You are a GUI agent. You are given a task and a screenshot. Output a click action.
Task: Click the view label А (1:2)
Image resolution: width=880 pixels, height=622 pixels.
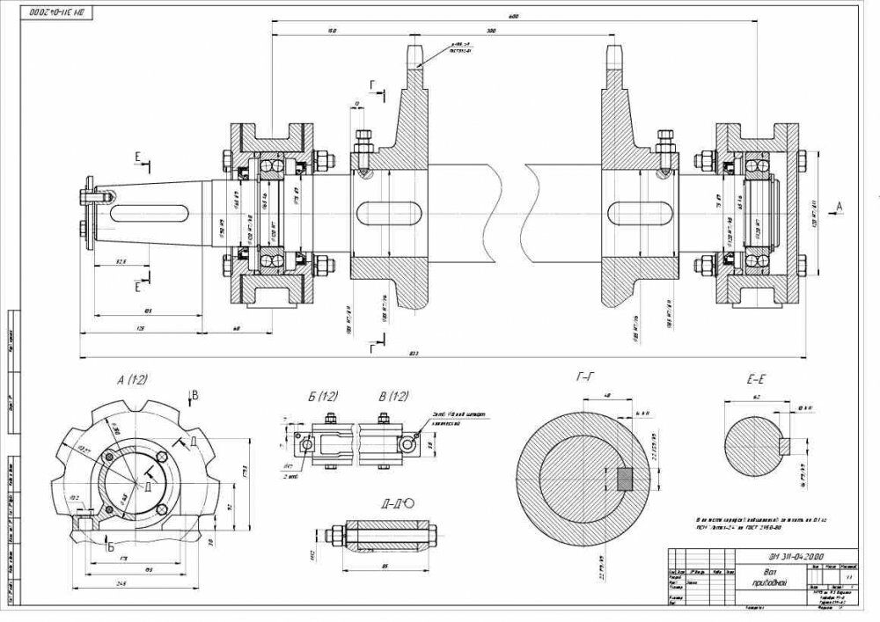click(x=132, y=379)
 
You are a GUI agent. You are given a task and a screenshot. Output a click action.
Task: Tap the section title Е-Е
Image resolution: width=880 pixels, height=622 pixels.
click(x=756, y=381)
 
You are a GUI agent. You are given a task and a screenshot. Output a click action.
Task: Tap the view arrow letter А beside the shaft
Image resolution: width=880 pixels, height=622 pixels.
click(x=840, y=203)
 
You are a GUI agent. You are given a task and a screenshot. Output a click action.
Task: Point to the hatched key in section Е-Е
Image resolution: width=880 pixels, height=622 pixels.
click(x=796, y=445)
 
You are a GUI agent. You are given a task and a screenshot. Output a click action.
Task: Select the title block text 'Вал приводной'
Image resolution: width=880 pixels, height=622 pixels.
click(x=766, y=576)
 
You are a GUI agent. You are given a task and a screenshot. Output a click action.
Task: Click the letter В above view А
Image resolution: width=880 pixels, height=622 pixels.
click(x=196, y=396)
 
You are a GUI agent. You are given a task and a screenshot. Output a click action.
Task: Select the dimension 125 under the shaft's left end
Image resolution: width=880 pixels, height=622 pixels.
click(x=140, y=328)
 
